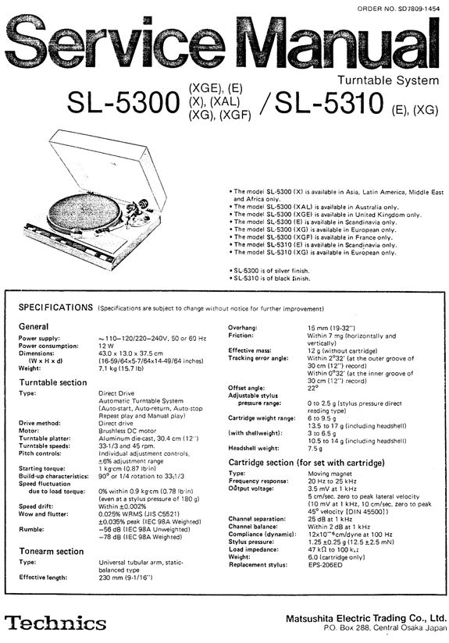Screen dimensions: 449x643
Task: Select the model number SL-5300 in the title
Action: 124,105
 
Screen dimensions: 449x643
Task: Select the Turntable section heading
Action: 52,384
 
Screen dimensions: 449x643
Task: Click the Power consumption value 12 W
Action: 107,345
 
